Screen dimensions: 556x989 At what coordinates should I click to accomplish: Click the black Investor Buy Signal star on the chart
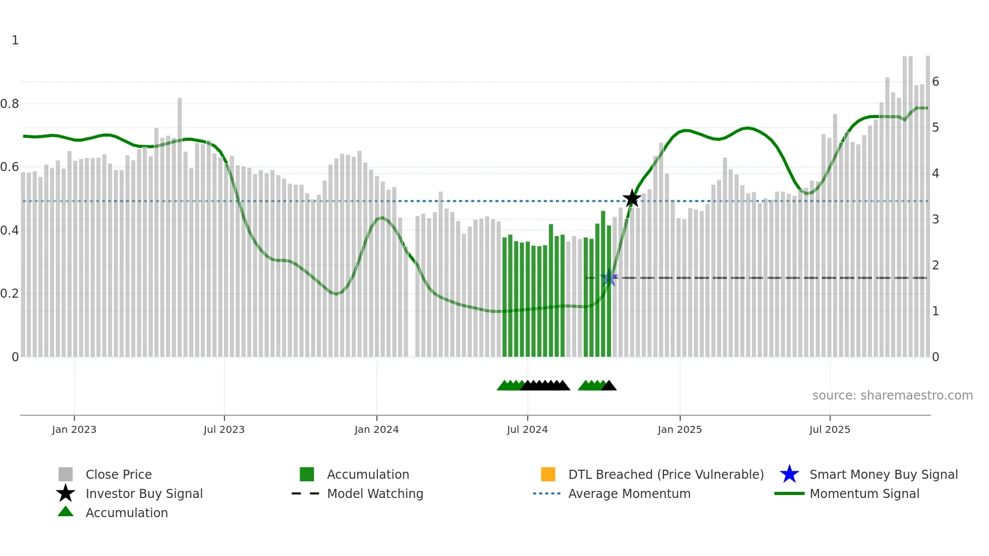pyautogui.click(x=632, y=199)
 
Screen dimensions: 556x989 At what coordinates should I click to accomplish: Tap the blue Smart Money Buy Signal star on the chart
pyautogui.click(x=609, y=278)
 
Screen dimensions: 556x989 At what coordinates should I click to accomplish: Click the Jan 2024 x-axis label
pyautogui.click(x=376, y=429)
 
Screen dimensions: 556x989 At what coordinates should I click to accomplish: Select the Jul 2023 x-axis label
pyautogui.click(x=224, y=429)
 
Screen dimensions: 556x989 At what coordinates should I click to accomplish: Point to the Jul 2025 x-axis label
pyautogui.click(x=830, y=429)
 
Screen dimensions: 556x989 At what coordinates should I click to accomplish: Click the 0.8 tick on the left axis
pyautogui.click(x=10, y=104)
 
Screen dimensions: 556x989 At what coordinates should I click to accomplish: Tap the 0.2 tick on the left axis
pyautogui.click(x=10, y=294)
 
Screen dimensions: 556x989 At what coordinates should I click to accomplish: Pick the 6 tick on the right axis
pyautogui.click(x=936, y=82)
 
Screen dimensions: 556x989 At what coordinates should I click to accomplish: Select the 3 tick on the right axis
pyautogui.click(x=936, y=219)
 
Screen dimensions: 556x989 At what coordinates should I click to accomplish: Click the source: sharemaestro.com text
pyautogui.click(x=892, y=396)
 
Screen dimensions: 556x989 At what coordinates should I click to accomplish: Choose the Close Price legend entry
pyautogui.click(x=119, y=475)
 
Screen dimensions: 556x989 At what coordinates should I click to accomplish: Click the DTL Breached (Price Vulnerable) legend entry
pyautogui.click(x=666, y=475)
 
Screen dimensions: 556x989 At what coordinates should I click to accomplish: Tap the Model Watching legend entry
pyautogui.click(x=375, y=494)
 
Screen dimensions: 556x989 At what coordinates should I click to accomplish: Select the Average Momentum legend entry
pyautogui.click(x=629, y=494)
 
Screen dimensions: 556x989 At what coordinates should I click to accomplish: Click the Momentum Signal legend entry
pyautogui.click(x=864, y=494)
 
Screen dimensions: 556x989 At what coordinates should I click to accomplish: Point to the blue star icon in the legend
pyautogui.click(x=789, y=475)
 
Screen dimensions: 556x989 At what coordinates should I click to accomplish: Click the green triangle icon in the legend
pyautogui.click(x=66, y=512)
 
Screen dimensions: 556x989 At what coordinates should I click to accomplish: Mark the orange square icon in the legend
pyautogui.click(x=548, y=475)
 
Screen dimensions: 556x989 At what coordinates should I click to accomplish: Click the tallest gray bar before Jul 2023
pyautogui.click(x=180, y=227)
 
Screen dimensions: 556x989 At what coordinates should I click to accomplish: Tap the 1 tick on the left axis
pyautogui.click(x=15, y=40)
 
